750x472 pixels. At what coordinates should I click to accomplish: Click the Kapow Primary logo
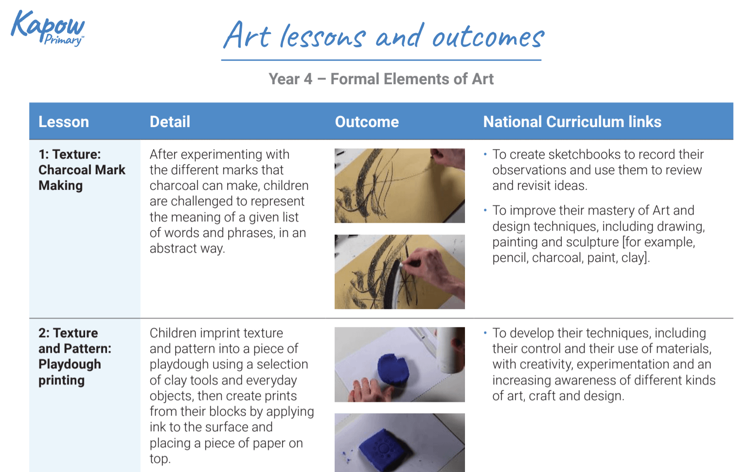47,28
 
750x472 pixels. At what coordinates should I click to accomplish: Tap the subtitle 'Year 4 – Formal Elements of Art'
381,79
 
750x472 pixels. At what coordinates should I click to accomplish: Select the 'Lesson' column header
64,122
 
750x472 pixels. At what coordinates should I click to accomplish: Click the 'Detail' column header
170,122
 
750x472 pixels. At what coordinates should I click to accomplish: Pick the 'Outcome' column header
367,122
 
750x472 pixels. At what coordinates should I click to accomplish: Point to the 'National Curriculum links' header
572,122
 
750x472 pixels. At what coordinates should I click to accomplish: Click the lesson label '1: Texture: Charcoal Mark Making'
82,170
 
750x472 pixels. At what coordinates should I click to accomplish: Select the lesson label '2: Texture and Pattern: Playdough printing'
74,356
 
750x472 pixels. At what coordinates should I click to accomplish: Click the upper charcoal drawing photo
399,185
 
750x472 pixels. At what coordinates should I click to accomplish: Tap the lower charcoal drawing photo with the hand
399,272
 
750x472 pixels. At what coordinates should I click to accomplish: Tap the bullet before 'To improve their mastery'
485,210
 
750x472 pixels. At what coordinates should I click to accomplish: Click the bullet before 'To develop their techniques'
485,333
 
